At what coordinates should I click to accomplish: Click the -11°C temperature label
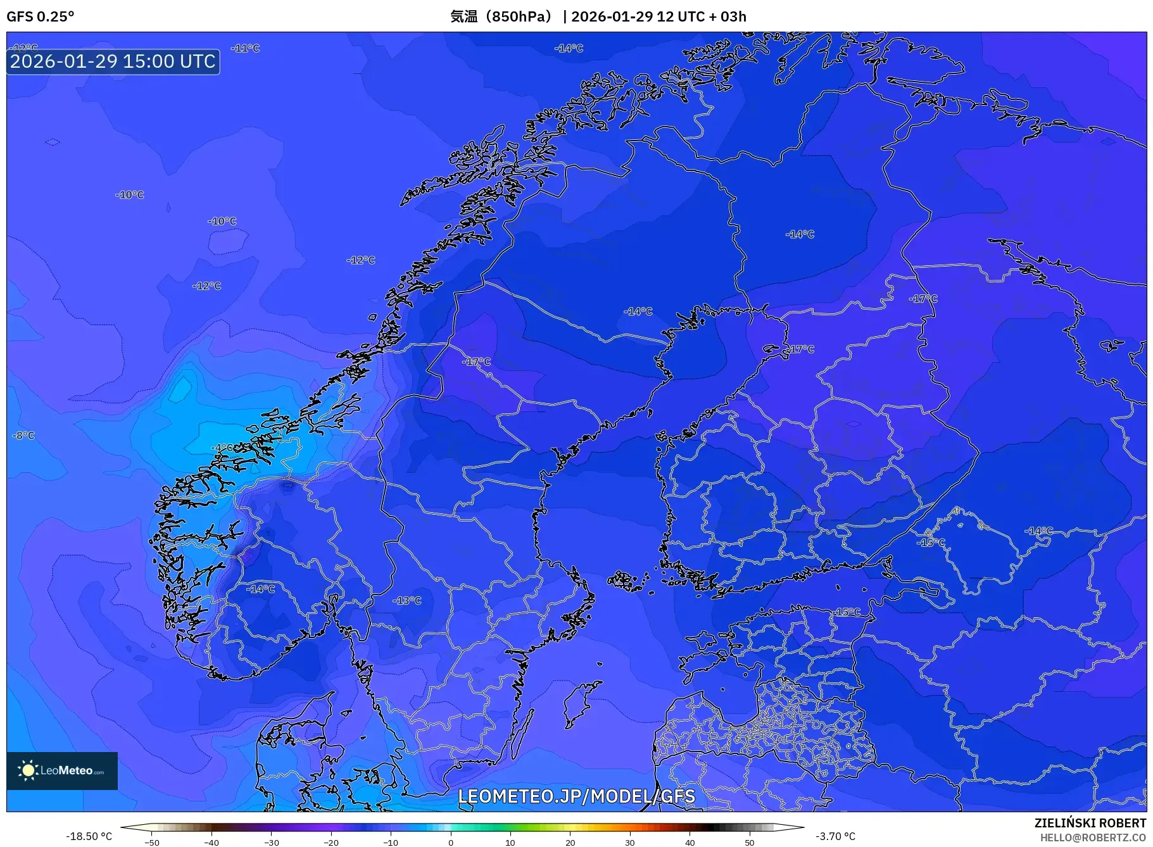[x=245, y=48]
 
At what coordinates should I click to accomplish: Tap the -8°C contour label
[x=24, y=436]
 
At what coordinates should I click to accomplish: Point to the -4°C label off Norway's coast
[x=221, y=448]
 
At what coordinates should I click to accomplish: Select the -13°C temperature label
[x=407, y=600]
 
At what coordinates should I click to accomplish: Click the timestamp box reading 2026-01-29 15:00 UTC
[x=113, y=61]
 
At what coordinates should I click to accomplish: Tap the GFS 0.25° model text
[x=41, y=16]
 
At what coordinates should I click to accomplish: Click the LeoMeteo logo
[x=62, y=770]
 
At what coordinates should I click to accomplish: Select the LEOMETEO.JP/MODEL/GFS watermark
[x=576, y=796]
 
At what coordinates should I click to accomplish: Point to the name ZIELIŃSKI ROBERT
[x=1090, y=823]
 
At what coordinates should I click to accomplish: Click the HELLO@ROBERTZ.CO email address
[x=1093, y=838]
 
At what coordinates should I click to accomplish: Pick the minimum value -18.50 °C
[x=89, y=836]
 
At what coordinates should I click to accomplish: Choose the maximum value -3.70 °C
[x=835, y=836]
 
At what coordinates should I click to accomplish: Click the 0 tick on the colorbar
[x=451, y=843]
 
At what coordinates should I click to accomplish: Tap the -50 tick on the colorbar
[x=152, y=843]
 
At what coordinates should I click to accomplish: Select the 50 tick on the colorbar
[x=750, y=843]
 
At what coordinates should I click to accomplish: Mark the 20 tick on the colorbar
[x=570, y=843]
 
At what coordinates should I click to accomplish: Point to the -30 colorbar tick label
[x=272, y=843]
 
